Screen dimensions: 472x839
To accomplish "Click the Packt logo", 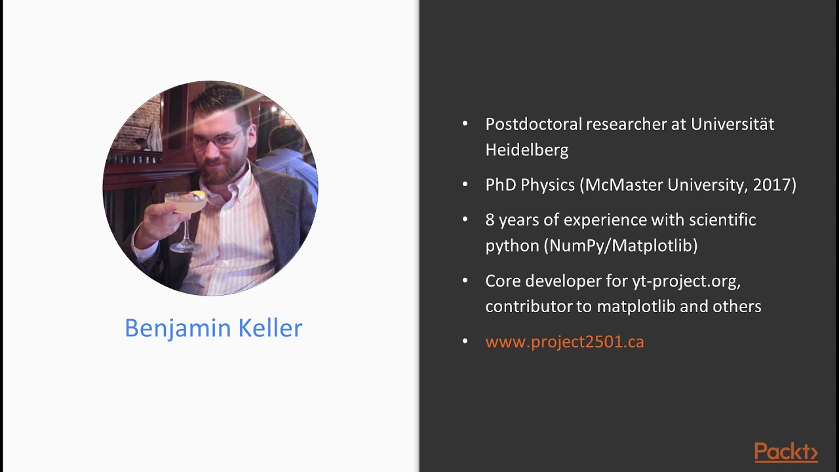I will coord(786,452).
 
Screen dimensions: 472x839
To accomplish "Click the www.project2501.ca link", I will coord(564,342).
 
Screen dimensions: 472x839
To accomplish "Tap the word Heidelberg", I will coord(526,150).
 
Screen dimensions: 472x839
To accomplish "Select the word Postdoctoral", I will coord(533,124).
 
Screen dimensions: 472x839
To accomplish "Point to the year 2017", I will coord(771,185).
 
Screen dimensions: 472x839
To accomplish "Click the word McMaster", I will coord(623,185).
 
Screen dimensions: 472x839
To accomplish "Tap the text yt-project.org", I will coord(686,281).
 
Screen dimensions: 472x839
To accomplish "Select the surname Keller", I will coord(271,328).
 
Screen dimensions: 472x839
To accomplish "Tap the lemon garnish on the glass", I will coord(199,195).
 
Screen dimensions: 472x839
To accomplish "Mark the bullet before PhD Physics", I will coord(465,185).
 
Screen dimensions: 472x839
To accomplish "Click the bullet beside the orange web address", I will coord(465,342).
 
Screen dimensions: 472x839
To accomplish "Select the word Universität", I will coord(732,124).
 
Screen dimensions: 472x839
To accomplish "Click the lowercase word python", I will coord(513,246).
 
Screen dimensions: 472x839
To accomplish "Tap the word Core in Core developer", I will coord(501,281).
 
